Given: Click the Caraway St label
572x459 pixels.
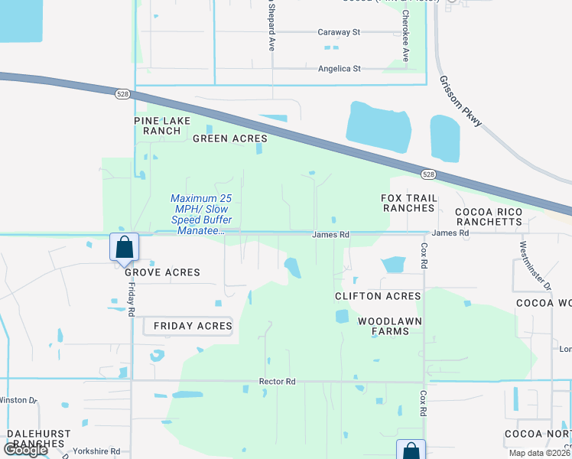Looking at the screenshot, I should click(339, 32).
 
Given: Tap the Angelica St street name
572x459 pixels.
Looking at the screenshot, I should click(340, 69).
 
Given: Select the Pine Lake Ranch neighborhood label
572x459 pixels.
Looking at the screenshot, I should click(157, 125).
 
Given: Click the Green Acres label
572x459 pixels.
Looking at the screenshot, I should click(229, 138).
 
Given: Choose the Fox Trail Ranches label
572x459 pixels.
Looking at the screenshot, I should click(409, 203).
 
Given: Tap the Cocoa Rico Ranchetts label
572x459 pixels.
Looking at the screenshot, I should click(489, 216).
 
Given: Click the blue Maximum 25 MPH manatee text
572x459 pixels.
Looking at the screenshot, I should click(200, 214).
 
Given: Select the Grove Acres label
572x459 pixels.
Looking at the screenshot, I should click(162, 272).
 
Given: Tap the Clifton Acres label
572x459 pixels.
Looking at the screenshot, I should click(378, 296).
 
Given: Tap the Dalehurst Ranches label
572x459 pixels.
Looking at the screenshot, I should click(37, 438).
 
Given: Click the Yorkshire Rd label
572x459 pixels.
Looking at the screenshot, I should click(96, 451).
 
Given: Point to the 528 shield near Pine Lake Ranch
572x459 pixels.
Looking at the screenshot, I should click(122, 93).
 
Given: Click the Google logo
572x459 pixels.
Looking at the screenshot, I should click(25, 450).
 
